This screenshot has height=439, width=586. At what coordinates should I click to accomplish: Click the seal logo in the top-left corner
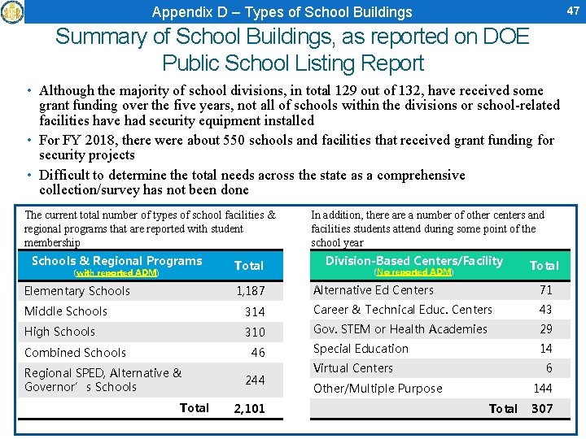pos(12,11)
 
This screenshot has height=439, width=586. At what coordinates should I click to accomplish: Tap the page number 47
pos(572,11)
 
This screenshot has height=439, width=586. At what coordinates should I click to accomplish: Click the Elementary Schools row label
pos(77,291)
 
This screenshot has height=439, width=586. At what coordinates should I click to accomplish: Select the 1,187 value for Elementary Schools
pos(251,291)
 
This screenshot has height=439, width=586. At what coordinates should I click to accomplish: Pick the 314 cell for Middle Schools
pos(255,311)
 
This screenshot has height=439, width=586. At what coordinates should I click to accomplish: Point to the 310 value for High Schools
pos(255,332)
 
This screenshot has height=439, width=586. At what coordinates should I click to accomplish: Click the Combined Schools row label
pos(75,353)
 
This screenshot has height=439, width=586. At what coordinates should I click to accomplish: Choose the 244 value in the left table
pos(255,380)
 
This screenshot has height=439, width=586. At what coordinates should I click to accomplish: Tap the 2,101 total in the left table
pos(249,408)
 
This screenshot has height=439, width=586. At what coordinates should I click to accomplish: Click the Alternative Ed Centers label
pos(374,290)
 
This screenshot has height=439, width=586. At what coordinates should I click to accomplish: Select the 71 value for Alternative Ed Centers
pos(545,290)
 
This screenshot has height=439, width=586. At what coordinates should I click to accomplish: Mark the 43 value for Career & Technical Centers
pos(545,310)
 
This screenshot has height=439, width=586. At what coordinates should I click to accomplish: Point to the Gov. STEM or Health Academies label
pos(400,329)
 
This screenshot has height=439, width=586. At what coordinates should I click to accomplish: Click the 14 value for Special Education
pos(545,349)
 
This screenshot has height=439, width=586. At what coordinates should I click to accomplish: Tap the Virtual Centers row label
pos(353,368)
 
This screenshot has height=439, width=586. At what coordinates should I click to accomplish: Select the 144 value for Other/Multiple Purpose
pos(542,389)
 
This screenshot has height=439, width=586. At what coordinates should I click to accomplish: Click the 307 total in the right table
pos(542,408)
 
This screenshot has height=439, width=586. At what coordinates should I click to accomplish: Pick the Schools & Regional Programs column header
pos(116,261)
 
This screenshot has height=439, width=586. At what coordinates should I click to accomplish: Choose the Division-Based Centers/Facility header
pos(414,261)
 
